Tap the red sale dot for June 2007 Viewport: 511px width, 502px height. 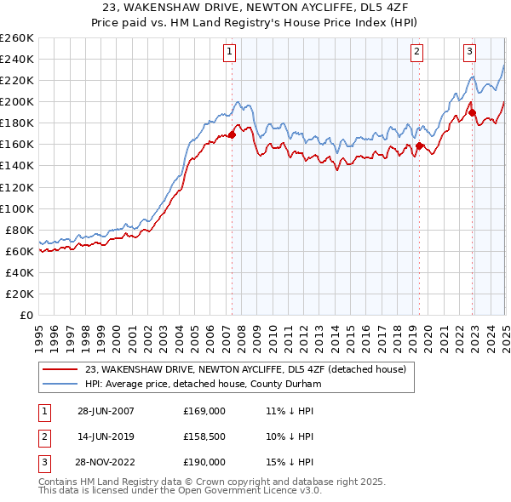coord(232,134)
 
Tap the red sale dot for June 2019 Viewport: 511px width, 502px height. coord(419,145)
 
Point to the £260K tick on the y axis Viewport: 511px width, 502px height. coord(16,37)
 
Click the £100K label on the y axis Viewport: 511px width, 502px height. coord(16,208)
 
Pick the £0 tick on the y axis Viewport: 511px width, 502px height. coord(26,315)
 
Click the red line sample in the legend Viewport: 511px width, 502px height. coord(60,369)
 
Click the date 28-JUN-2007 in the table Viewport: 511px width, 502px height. coord(106,411)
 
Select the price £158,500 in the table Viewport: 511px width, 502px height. coord(204,436)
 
